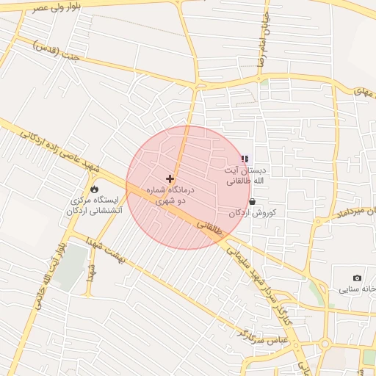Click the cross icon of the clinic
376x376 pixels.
[x=170, y=178]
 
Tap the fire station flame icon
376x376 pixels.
[x=94, y=189]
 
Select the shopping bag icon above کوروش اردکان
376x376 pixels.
[x=253, y=201]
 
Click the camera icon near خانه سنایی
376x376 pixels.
[x=357, y=278]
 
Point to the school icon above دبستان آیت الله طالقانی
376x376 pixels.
[x=245, y=159]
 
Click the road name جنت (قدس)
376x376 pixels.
[x=54, y=51]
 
